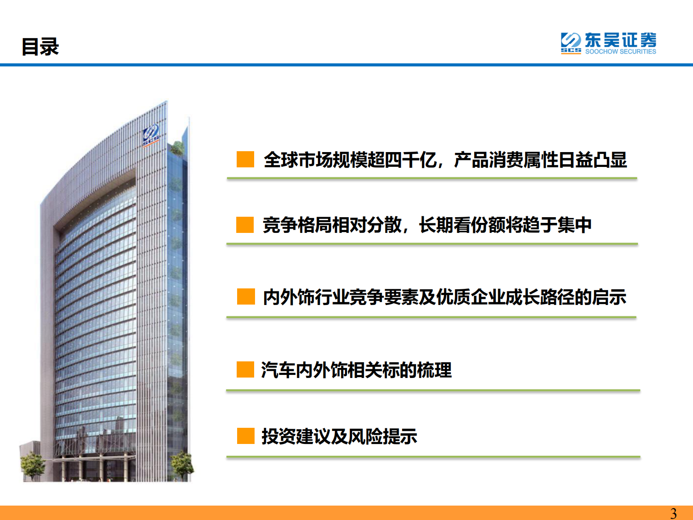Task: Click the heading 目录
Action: point(40,47)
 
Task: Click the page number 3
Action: point(673,513)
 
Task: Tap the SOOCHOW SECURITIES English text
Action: point(621,52)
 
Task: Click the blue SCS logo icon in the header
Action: point(571,42)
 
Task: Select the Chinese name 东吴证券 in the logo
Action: point(621,40)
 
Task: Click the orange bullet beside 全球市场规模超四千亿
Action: point(245,159)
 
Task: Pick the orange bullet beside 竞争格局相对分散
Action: point(245,225)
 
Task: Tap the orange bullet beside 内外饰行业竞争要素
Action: point(246,296)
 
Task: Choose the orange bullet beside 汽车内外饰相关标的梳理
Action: point(245,369)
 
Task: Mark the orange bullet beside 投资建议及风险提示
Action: point(246,436)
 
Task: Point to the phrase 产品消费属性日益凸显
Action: point(540,160)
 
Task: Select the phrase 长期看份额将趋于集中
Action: point(505,225)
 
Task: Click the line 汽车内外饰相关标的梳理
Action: point(356,370)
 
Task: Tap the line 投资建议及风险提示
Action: point(339,437)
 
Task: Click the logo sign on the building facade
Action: point(151,134)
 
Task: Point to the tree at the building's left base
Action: point(32,465)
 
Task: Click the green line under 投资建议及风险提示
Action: point(433,457)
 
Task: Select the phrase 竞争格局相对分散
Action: point(332,225)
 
